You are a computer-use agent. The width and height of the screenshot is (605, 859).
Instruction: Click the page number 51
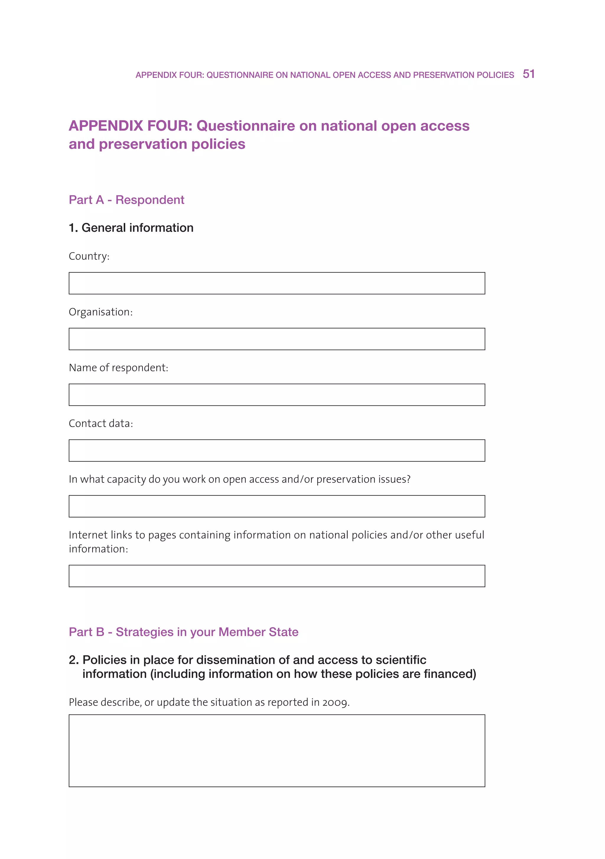[528, 74]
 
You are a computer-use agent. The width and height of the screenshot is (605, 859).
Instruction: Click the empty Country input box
[277, 283]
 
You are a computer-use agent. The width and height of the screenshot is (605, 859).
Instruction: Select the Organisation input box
[277, 339]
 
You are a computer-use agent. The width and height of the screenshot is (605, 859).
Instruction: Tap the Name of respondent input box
[277, 395]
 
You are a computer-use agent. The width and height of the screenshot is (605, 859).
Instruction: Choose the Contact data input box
[277, 450]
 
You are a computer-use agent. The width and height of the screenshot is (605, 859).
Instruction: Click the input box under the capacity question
[277, 506]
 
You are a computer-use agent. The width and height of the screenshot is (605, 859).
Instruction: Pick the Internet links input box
[277, 576]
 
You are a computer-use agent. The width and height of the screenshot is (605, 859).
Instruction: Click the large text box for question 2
[277, 751]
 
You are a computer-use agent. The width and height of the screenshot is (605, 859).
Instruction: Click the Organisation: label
[101, 312]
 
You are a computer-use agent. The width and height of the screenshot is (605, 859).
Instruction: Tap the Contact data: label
[101, 423]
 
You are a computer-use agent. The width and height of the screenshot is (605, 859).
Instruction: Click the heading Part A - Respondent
[126, 200]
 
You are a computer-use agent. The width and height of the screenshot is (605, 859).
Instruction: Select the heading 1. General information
[131, 228]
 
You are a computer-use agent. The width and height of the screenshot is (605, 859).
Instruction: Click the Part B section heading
[183, 632]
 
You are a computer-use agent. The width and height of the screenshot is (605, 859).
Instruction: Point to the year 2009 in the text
[335, 702]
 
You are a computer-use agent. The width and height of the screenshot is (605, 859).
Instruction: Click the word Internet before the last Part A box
[90, 535]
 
